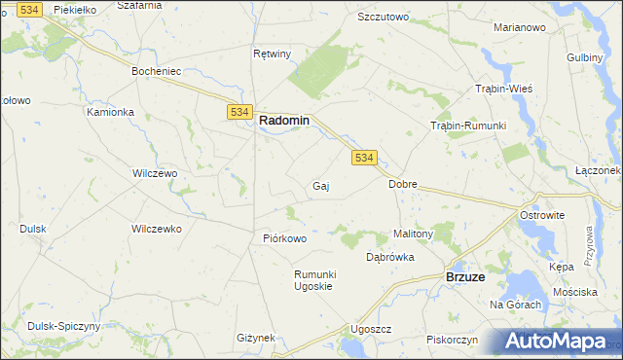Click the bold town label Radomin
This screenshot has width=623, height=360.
[284, 121]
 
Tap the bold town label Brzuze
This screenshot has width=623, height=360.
[465, 277]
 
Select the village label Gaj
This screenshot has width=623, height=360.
[320, 186]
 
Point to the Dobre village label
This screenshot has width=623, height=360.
[403, 183]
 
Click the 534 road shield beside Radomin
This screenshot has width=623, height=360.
[241, 113]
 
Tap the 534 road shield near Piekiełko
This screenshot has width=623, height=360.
[30, 9]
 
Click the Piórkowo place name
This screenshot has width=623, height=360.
[285, 238]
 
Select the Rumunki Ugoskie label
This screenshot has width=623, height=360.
[314, 280]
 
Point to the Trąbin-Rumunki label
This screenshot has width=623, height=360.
[468, 126]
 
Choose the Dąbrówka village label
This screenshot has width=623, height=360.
[390, 257]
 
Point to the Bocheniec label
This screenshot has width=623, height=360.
[158, 72]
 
